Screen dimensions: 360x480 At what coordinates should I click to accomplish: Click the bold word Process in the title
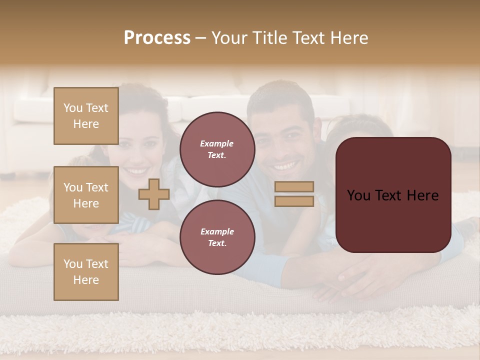click(157, 38)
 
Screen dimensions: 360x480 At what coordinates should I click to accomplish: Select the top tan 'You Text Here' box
click(86, 116)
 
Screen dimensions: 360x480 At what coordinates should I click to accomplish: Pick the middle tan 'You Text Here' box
click(86, 195)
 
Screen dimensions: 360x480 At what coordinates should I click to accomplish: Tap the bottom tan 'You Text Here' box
click(86, 272)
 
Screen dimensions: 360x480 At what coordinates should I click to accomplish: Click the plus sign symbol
click(154, 194)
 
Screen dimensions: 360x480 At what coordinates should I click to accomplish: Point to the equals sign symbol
click(294, 194)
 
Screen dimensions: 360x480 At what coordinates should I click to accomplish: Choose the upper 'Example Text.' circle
click(217, 149)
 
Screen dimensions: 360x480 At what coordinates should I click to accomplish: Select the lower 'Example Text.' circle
click(217, 237)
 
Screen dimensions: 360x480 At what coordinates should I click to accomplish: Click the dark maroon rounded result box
click(393, 195)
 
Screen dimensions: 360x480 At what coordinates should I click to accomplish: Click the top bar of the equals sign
click(294, 187)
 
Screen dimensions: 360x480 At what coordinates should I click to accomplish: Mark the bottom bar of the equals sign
click(294, 201)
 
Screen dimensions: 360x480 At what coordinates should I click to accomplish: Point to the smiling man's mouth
click(284, 165)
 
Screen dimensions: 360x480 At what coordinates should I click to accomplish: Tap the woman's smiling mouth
click(135, 171)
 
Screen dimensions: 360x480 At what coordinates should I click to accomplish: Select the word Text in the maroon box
click(392, 195)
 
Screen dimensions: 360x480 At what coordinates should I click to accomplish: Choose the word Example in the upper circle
click(217, 143)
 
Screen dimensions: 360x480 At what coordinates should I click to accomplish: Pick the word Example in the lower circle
click(217, 231)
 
